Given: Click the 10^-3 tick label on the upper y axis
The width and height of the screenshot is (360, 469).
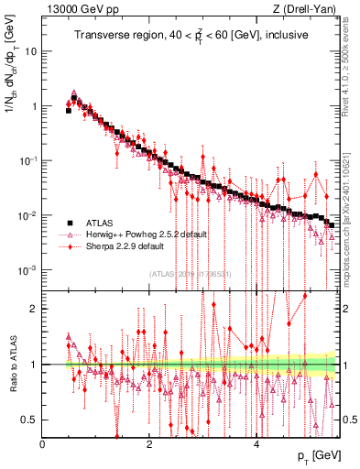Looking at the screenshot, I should tap(27, 270).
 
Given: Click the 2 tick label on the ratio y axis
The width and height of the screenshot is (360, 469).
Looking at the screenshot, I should tap(35, 309).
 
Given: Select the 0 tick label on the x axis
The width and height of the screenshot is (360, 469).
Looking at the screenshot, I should tap(43, 444).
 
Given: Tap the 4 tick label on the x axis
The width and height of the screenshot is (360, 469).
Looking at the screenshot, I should tap(256, 444).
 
